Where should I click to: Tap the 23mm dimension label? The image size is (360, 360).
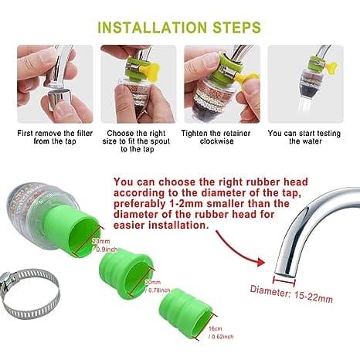click(x=100, y=241)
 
